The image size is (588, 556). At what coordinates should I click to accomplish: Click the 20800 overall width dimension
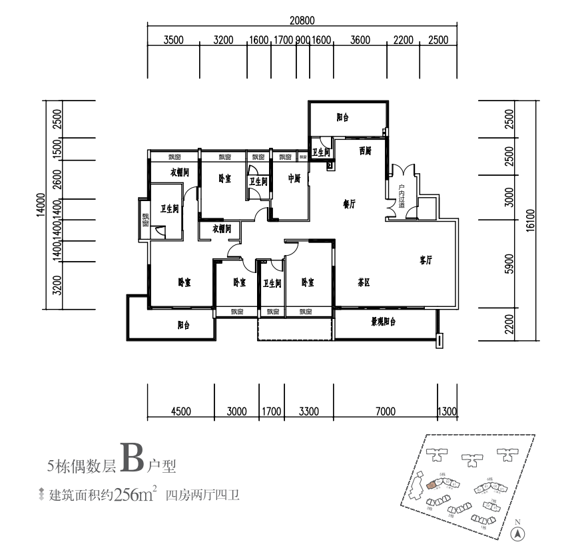pos(302,19)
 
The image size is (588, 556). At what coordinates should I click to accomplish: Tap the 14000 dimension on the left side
pos(41,205)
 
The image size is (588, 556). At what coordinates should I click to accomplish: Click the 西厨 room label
pos(364,151)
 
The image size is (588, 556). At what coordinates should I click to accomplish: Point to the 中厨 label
pos(294,178)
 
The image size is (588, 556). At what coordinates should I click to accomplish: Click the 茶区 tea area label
pos(363,282)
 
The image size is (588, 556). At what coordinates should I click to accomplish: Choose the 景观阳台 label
pos(384,322)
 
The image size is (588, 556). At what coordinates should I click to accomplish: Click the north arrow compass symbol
pos(517,533)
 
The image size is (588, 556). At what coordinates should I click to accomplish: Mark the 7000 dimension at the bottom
pos(385,411)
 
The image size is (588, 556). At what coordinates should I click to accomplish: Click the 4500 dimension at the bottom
pos(180,411)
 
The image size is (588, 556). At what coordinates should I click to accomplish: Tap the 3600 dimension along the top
pos(360,40)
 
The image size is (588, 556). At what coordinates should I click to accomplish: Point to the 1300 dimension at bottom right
pos(447,411)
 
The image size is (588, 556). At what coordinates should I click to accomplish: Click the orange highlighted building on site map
pos(432,484)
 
